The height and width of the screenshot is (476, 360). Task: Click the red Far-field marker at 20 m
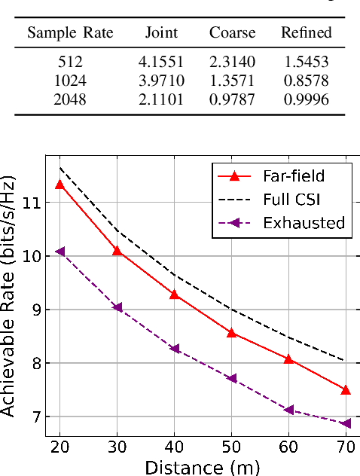coord(60,185)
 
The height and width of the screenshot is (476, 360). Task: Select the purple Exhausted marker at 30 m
coord(117,307)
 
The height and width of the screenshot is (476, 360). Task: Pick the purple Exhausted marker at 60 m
coord(289,410)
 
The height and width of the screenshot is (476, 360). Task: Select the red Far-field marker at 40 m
coord(175,294)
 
